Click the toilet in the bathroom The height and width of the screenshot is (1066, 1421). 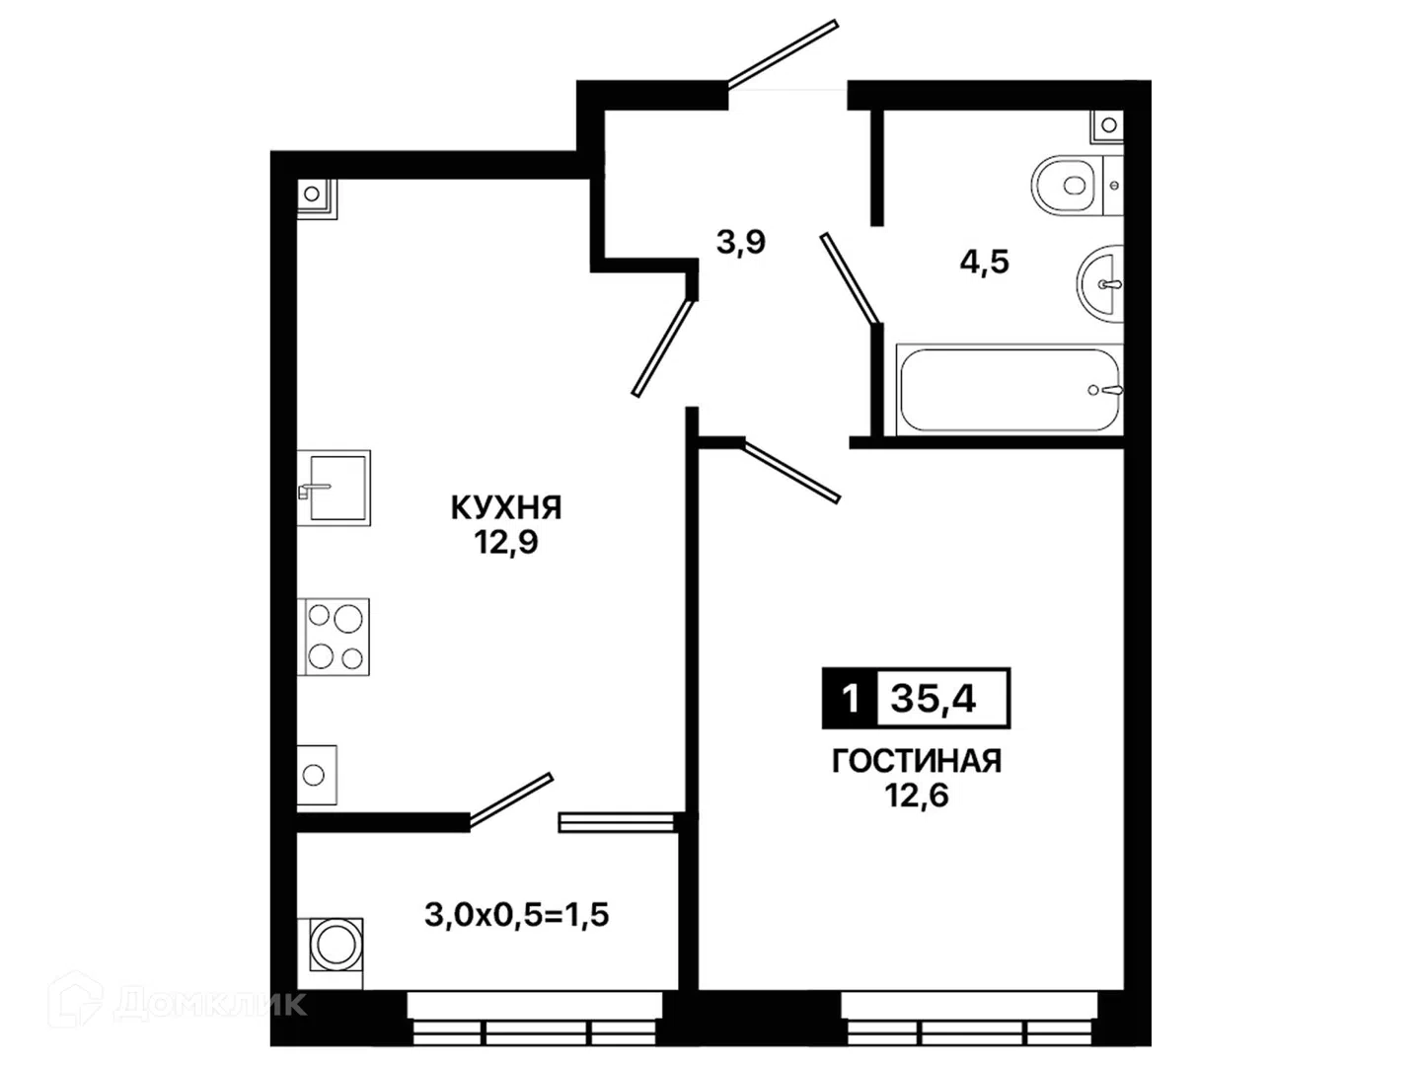tap(1076, 186)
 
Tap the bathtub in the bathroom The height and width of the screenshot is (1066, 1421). tap(1010, 390)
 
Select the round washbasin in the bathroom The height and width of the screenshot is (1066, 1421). tap(1100, 283)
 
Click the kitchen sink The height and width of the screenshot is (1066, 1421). tap(334, 488)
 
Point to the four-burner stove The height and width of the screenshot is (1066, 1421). tap(334, 637)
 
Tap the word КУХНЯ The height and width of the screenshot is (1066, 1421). tap(506, 508)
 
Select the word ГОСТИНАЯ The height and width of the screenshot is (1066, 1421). tap(916, 761)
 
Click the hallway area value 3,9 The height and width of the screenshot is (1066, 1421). tap(741, 242)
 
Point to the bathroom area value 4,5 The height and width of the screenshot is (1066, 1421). tap(984, 263)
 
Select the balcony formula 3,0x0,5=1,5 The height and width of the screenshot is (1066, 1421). tap(517, 915)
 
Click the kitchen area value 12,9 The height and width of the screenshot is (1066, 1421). tap(505, 543)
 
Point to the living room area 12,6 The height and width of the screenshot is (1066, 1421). tap(916, 796)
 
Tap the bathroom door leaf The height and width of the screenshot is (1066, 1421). tap(851, 278)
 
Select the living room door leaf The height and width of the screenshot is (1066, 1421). tap(791, 471)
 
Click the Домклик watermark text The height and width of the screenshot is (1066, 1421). tap(211, 1004)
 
